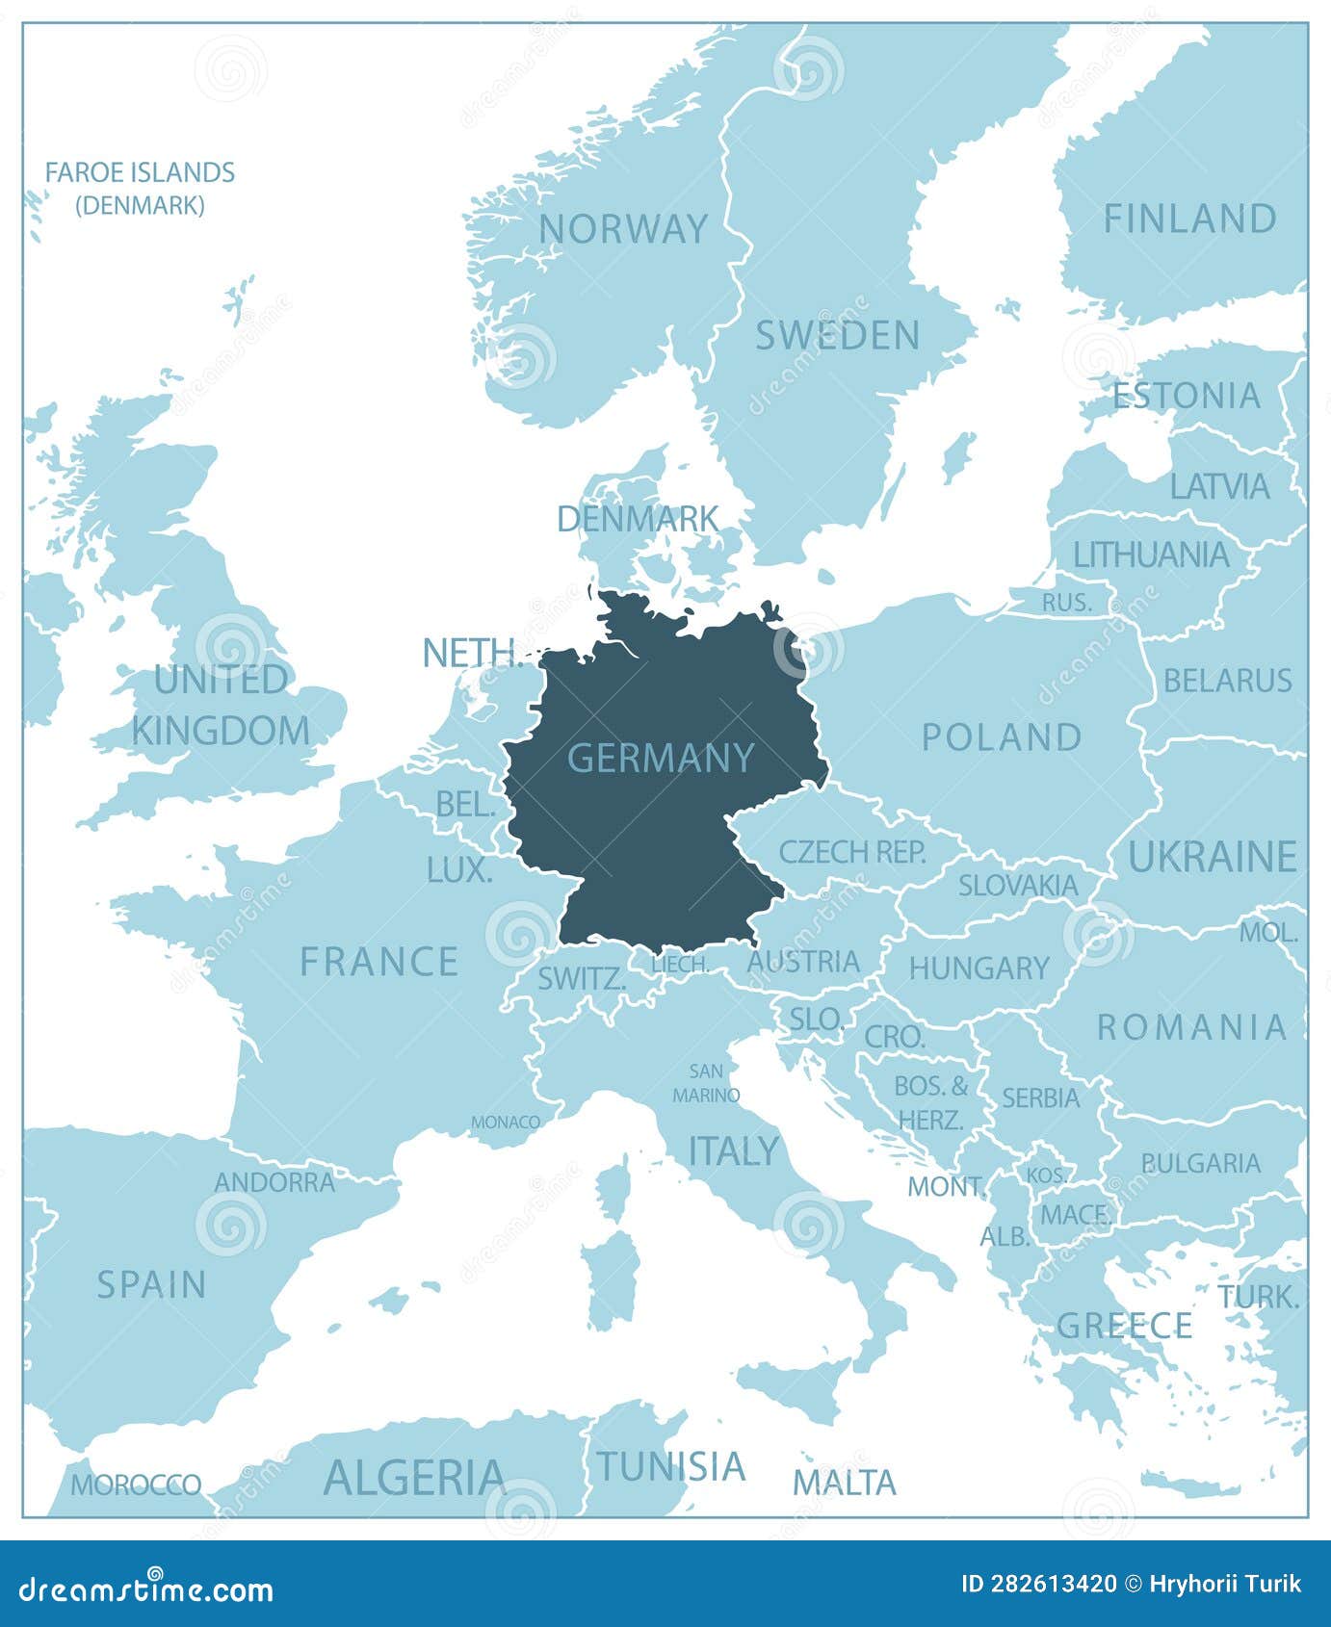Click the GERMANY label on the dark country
click(661, 759)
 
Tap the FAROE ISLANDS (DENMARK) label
click(140, 188)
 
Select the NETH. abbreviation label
click(472, 654)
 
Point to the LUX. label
click(458, 870)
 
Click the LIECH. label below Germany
click(680, 964)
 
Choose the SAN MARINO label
click(706, 1083)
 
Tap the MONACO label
click(506, 1122)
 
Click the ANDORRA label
click(274, 1182)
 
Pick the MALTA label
click(844, 1483)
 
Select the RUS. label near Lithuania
click(1066, 603)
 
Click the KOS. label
click(1045, 1175)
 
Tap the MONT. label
click(946, 1186)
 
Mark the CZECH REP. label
click(852, 851)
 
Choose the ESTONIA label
click(1186, 396)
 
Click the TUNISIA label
click(671, 1466)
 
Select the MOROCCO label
click(136, 1485)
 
